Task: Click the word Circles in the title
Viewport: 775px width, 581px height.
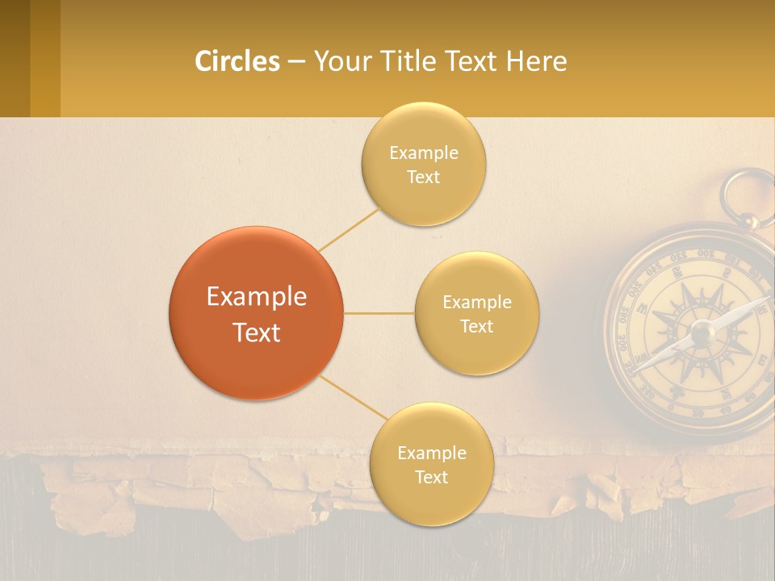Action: point(237,61)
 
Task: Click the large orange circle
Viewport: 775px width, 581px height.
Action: point(256,313)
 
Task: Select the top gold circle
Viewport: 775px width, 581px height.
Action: point(423,164)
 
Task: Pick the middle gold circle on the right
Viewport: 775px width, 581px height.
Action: point(477,313)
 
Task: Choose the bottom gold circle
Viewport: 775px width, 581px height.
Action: point(431,464)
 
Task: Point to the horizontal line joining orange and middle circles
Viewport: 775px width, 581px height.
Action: point(379,313)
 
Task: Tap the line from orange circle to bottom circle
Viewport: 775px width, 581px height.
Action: point(353,396)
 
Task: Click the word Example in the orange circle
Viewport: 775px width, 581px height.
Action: point(256,297)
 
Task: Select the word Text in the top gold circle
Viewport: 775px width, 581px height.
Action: point(423,178)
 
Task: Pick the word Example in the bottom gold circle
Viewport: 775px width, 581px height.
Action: point(431,453)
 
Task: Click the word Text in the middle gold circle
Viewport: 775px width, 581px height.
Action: point(477,327)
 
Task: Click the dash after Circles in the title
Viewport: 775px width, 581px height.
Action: point(296,61)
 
